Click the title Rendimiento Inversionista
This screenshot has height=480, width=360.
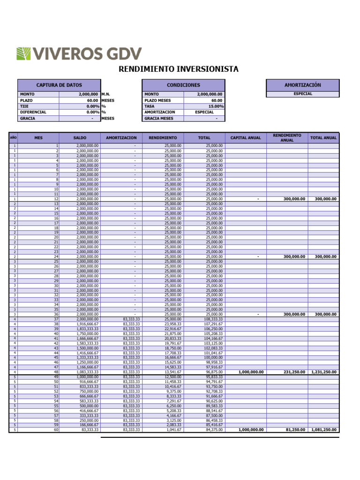[178, 69]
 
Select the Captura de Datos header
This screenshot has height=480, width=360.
[59, 85]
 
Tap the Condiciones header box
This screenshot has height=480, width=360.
[183, 85]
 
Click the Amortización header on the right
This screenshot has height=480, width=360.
[302, 85]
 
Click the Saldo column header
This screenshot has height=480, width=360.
[80, 138]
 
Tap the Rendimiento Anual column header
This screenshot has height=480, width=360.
[287, 138]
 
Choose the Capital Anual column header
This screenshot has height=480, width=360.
[246, 138]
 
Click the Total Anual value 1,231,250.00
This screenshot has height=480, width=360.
[324, 372]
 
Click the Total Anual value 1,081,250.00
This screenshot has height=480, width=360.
[324, 429]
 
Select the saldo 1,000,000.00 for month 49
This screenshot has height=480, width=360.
[88, 377]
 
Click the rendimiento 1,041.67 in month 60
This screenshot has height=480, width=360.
[173, 429]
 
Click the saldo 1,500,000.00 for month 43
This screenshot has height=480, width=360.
[88, 348]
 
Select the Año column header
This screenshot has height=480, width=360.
[13, 138]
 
